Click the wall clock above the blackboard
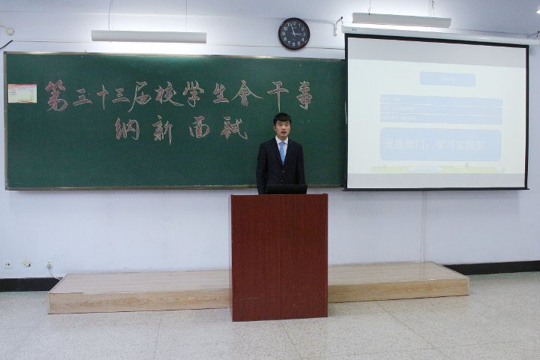pyautogui.click(x=293, y=34)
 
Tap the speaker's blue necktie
pyautogui.click(x=282, y=151)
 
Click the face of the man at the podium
pyautogui.click(x=281, y=127)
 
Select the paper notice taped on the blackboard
pyautogui.click(x=22, y=94)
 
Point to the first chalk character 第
pyautogui.click(x=55, y=95)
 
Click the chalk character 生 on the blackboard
pyautogui.click(x=219, y=93)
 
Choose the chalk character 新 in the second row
pyautogui.click(x=163, y=130)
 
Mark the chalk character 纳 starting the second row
pyautogui.click(x=127, y=129)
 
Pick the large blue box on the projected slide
pyautogui.click(x=440, y=145)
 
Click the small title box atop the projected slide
pyautogui.click(x=447, y=79)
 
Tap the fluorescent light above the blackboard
pyautogui.click(x=148, y=36)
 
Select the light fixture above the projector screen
pyautogui.click(x=400, y=20)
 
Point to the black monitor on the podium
pyautogui.click(x=286, y=189)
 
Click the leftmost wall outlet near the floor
pyautogui.click(x=7, y=264)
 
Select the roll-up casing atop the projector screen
pyautogui.click(x=439, y=35)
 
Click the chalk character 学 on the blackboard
pyautogui.click(x=192, y=94)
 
